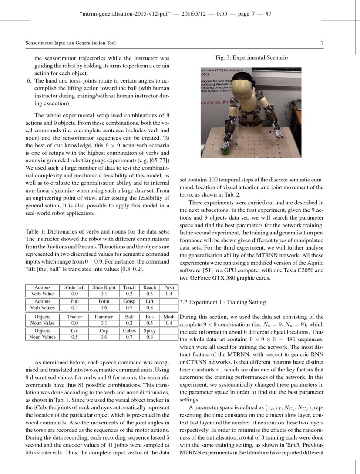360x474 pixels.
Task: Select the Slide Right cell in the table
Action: (x=104, y=287)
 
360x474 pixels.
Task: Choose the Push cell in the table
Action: (x=168, y=287)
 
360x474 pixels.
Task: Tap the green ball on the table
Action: (x=225, y=152)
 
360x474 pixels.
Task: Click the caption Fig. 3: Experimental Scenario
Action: (x=251, y=57)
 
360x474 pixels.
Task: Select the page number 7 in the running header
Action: (x=322, y=43)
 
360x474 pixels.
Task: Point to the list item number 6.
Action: (x=29, y=81)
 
